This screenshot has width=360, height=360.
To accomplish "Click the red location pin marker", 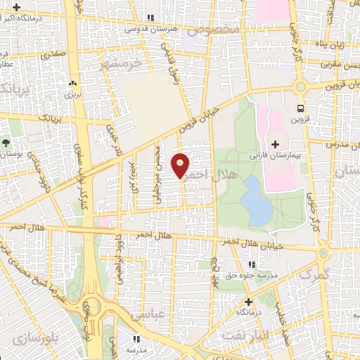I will tap(181, 165).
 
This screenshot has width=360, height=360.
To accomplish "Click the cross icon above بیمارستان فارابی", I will tap(276, 143).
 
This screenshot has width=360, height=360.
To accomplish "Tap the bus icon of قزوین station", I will tap(301, 109).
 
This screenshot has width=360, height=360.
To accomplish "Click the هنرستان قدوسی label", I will tap(150, 30).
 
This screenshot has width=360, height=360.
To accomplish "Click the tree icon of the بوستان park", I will tap(6, 143).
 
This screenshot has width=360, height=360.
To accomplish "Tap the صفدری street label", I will tap(53, 53).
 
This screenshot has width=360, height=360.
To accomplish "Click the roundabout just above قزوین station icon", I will tap(300, 86).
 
